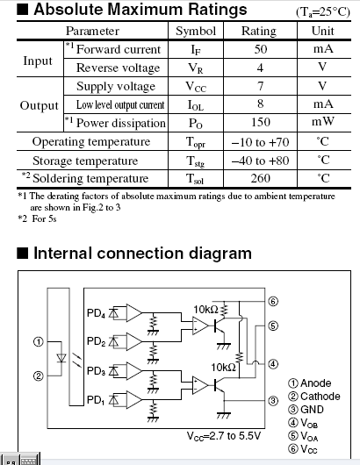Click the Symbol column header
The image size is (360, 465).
(196, 31)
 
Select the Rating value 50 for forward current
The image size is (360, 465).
(260, 49)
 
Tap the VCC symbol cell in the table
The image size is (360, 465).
(196, 87)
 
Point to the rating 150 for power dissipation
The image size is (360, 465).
(260, 122)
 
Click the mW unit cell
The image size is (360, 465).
(323, 122)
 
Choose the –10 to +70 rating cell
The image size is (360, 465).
(260, 142)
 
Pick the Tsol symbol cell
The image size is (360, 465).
(195, 179)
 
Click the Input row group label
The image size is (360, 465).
(38, 61)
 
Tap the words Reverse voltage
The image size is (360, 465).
(119, 68)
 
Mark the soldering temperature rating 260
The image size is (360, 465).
(260, 178)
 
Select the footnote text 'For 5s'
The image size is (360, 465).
(44, 218)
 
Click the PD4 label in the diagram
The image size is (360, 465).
(96, 313)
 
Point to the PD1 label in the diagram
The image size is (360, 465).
(96, 400)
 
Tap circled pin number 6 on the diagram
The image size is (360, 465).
(273, 301)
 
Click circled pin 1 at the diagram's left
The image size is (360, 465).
(38, 342)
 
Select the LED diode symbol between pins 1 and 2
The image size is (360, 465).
(61, 358)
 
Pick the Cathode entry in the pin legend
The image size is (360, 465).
(314, 397)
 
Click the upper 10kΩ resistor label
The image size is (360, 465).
(205, 310)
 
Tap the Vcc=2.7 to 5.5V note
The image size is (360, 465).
(224, 436)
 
